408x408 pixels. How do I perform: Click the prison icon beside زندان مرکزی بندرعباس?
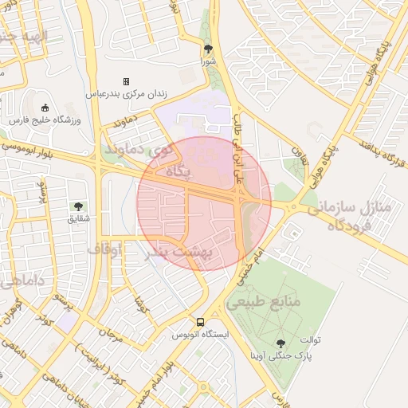click(125, 82)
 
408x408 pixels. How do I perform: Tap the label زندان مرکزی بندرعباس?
click(127, 94)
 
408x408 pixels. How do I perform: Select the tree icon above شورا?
click(208, 48)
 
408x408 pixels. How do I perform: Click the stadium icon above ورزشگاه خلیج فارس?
click(45, 108)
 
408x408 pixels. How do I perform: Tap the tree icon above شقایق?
click(78, 206)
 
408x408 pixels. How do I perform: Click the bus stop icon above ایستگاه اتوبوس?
click(201, 322)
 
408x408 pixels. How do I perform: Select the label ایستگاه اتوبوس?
click(201, 335)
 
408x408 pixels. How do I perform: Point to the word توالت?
click(309, 339)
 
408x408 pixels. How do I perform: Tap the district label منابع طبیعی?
click(262, 303)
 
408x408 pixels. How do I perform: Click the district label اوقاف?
click(104, 251)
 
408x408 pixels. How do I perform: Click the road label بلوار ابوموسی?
click(28, 148)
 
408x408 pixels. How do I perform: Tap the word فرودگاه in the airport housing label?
click(356, 225)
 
